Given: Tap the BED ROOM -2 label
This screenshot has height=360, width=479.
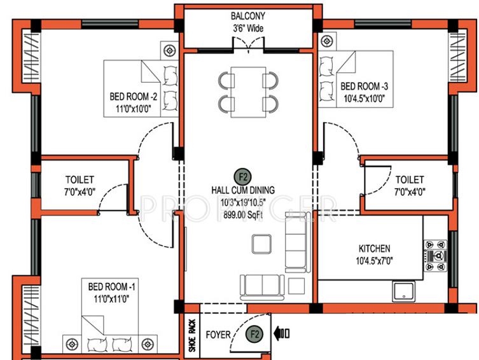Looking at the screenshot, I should pos(133,97).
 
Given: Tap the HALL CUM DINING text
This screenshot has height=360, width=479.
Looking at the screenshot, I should pos(243,190).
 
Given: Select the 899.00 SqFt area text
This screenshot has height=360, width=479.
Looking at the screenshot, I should pos(243,213).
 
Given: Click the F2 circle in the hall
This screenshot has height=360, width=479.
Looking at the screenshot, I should pos(242,176).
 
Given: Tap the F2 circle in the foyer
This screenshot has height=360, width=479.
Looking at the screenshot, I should pos(255,333).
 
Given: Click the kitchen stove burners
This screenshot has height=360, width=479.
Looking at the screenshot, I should pos(437,255).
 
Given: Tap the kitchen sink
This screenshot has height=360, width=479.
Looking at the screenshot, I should pos(404,291).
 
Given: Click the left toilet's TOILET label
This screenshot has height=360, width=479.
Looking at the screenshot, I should pos(80,180).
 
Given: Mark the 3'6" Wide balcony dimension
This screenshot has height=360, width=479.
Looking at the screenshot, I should pos(247,29).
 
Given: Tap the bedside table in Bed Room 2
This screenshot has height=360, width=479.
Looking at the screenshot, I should pos(170,50).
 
